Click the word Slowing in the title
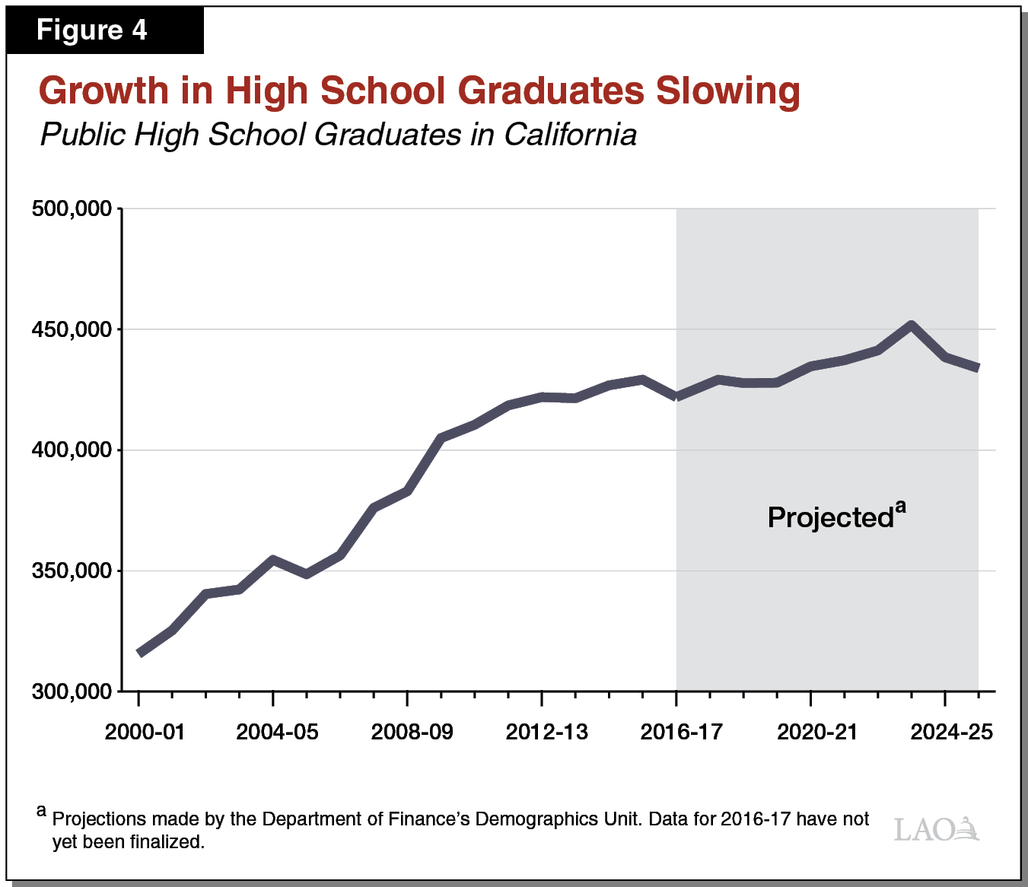(x=727, y=91)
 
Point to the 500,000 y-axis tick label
(x=72, y=208)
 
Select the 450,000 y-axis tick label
(x=72, y=329)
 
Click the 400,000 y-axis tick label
(x=72, y=450)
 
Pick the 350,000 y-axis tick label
(x=72, y=571)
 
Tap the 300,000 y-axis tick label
(x=72, y=691)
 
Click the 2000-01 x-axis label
(x=145, y=732)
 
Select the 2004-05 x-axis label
(x=277, y=732)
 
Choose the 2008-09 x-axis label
(x=412, y=732)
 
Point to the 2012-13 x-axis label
(x=546, y=732)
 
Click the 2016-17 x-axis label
(x=681, y=732)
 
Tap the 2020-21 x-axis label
(x=816, y=732)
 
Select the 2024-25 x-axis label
(x=951, y=732)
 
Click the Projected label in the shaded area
(x=831, y=517)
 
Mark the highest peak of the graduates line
(x=911, y=326)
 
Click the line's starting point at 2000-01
(x=140, y=653)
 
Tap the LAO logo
(x=936, y=828)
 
